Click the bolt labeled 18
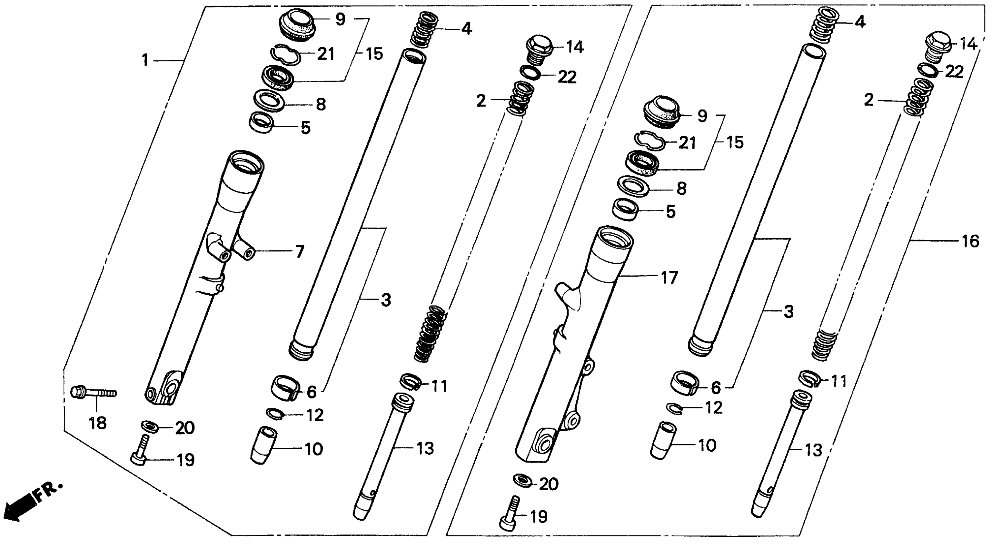93,393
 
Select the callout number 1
145,60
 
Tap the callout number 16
970,241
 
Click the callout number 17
669,278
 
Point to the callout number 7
299,252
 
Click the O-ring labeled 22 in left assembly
531,72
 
